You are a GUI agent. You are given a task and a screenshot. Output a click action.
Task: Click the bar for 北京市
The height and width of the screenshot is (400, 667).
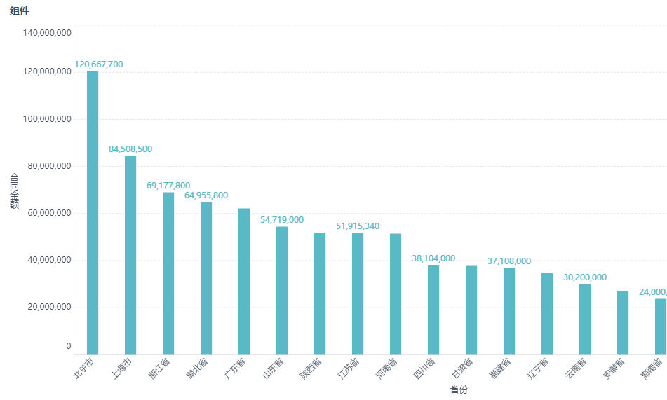93,212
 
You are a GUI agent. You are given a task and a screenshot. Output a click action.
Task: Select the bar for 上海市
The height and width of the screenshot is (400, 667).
130,255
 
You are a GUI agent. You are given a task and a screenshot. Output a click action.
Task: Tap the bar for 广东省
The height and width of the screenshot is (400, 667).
244,281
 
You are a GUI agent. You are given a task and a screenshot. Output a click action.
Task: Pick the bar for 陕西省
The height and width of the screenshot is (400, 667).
320,294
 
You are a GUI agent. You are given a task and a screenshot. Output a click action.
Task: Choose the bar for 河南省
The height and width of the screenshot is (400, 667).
396,294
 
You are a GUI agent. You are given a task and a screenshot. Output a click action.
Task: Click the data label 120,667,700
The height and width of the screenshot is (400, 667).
98,64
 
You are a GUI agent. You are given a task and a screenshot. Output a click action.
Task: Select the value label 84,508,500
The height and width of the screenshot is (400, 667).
130,149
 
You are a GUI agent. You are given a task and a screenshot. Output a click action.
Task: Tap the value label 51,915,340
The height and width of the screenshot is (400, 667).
358,226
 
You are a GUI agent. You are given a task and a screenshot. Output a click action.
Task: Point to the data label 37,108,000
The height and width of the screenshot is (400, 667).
509,261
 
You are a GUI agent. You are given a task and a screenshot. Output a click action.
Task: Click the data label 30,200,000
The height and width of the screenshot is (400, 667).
585,277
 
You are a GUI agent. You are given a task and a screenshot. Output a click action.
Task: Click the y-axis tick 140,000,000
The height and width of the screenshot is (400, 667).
47,32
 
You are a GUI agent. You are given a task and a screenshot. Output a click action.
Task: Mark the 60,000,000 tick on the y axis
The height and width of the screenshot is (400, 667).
47,213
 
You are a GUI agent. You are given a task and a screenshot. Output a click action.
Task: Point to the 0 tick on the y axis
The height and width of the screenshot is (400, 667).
69,346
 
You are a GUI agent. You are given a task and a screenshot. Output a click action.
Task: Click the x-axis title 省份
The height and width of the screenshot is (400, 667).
459,389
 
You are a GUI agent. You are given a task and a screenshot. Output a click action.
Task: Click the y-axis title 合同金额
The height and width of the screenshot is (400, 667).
14,191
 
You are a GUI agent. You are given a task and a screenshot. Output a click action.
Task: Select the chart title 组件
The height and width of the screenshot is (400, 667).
20,11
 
